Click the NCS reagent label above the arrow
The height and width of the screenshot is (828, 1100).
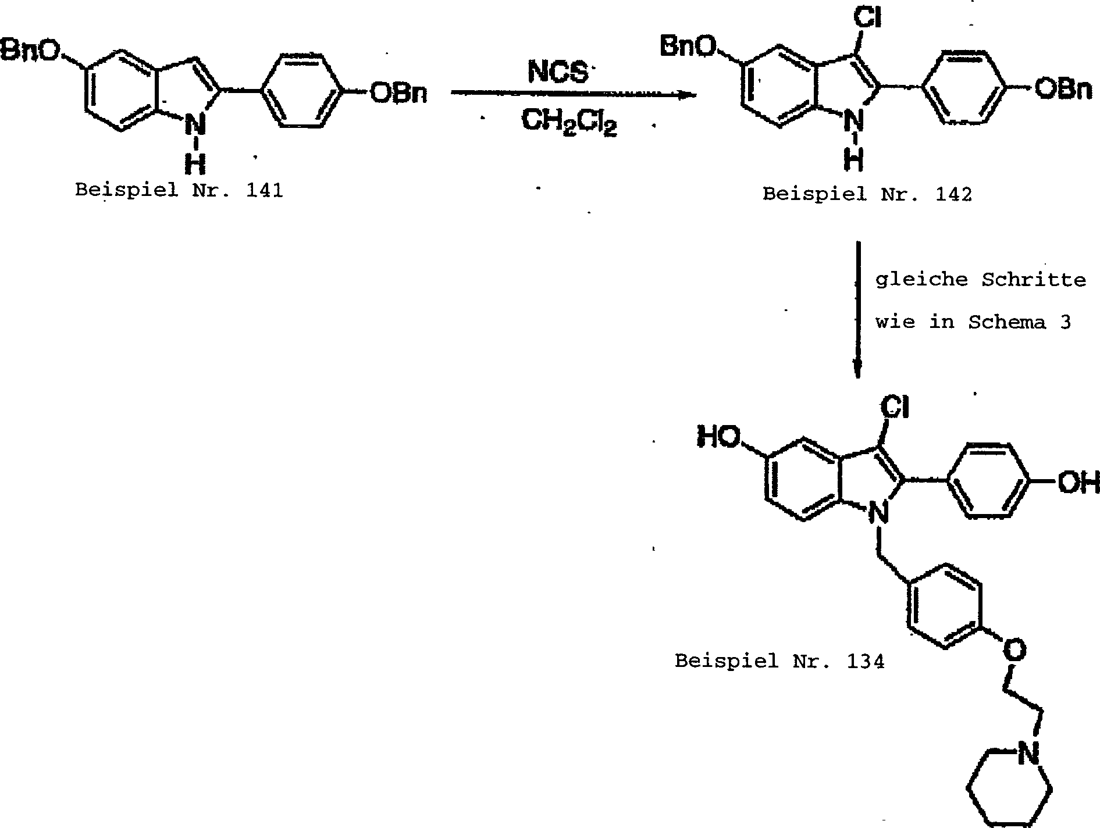557,73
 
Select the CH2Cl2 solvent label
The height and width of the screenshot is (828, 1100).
568,123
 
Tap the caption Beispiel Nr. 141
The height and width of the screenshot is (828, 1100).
179,191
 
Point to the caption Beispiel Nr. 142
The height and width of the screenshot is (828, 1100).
867,194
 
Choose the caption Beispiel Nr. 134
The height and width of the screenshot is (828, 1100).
779,661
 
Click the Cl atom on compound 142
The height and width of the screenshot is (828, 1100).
867,19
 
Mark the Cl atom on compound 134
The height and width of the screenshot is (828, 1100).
894,408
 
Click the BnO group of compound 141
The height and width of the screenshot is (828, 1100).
30,51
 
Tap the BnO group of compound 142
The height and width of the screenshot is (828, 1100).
688,47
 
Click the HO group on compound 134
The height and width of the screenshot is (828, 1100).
719,437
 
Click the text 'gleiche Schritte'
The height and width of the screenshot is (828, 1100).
980,280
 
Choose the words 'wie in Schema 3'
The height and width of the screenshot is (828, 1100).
973,322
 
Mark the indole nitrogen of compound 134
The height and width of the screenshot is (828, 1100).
878,513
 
